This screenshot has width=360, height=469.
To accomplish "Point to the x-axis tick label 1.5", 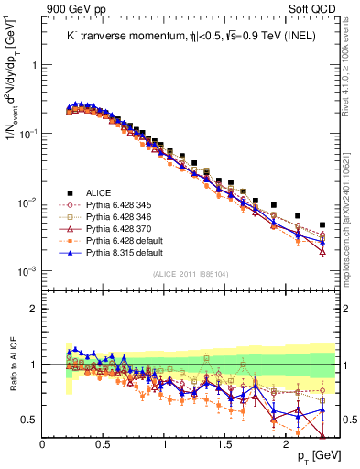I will pos(225,444).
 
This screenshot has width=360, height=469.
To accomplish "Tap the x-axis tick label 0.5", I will pos(104,444).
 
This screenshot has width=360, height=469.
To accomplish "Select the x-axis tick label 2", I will pos(286,444).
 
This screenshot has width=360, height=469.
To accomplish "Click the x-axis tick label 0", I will pos(43,444).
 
